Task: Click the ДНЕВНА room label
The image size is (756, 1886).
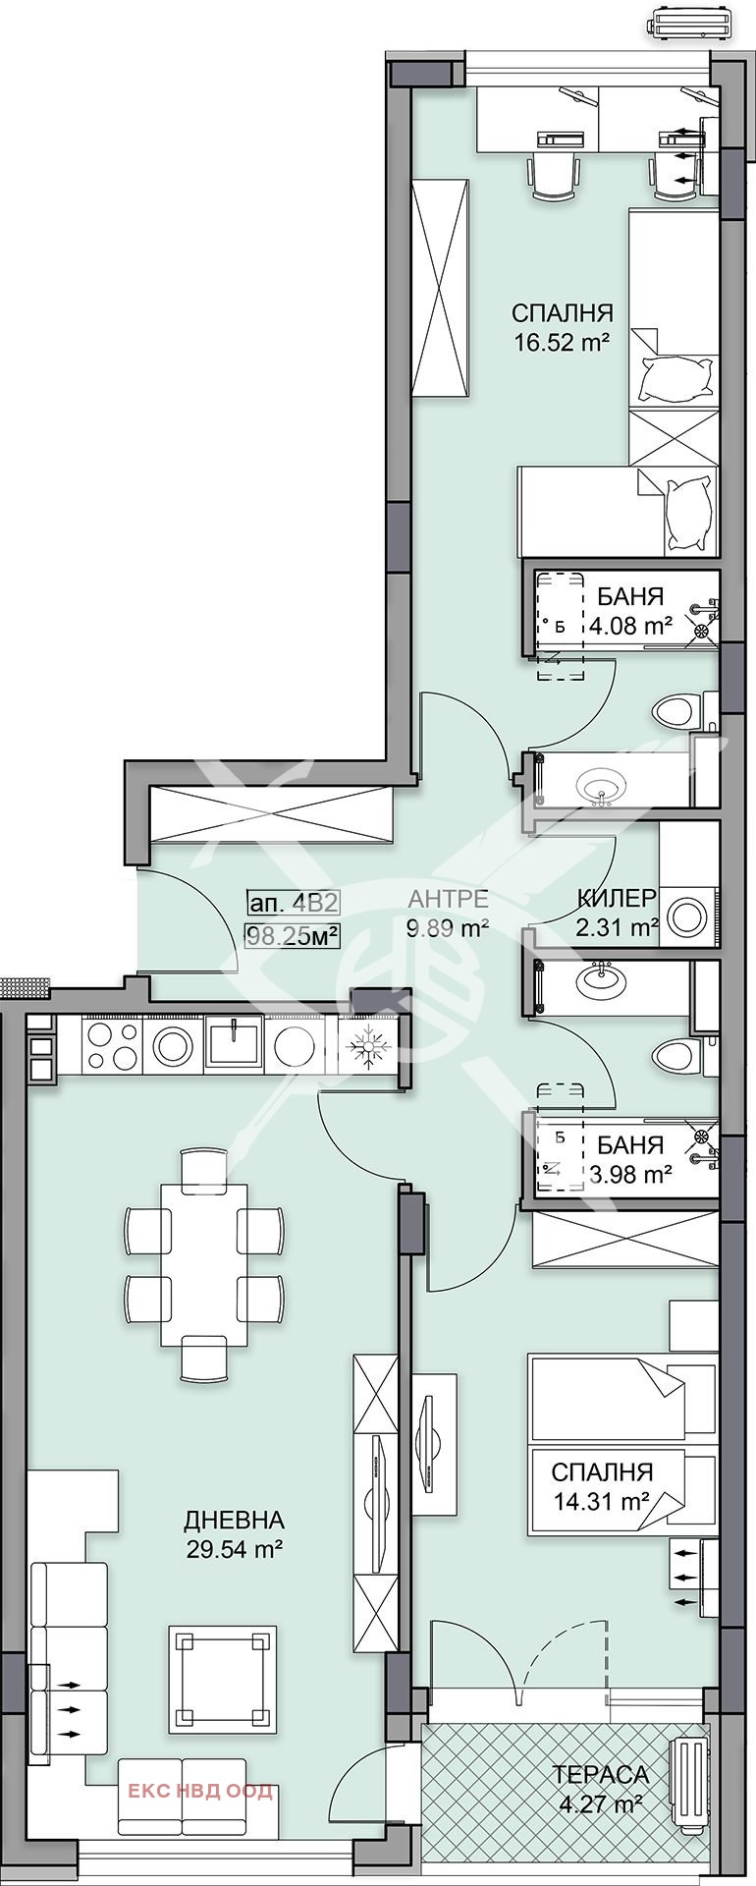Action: point(234,1520)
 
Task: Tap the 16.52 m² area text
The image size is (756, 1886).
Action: point(563,343)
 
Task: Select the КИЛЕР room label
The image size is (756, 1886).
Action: point(617,897)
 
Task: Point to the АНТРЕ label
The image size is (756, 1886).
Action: point(449,897)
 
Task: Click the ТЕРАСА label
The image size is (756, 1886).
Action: point(600,1774)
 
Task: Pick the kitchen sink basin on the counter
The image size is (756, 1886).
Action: point(234,1043)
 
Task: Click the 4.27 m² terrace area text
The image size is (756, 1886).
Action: point(600,1803)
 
